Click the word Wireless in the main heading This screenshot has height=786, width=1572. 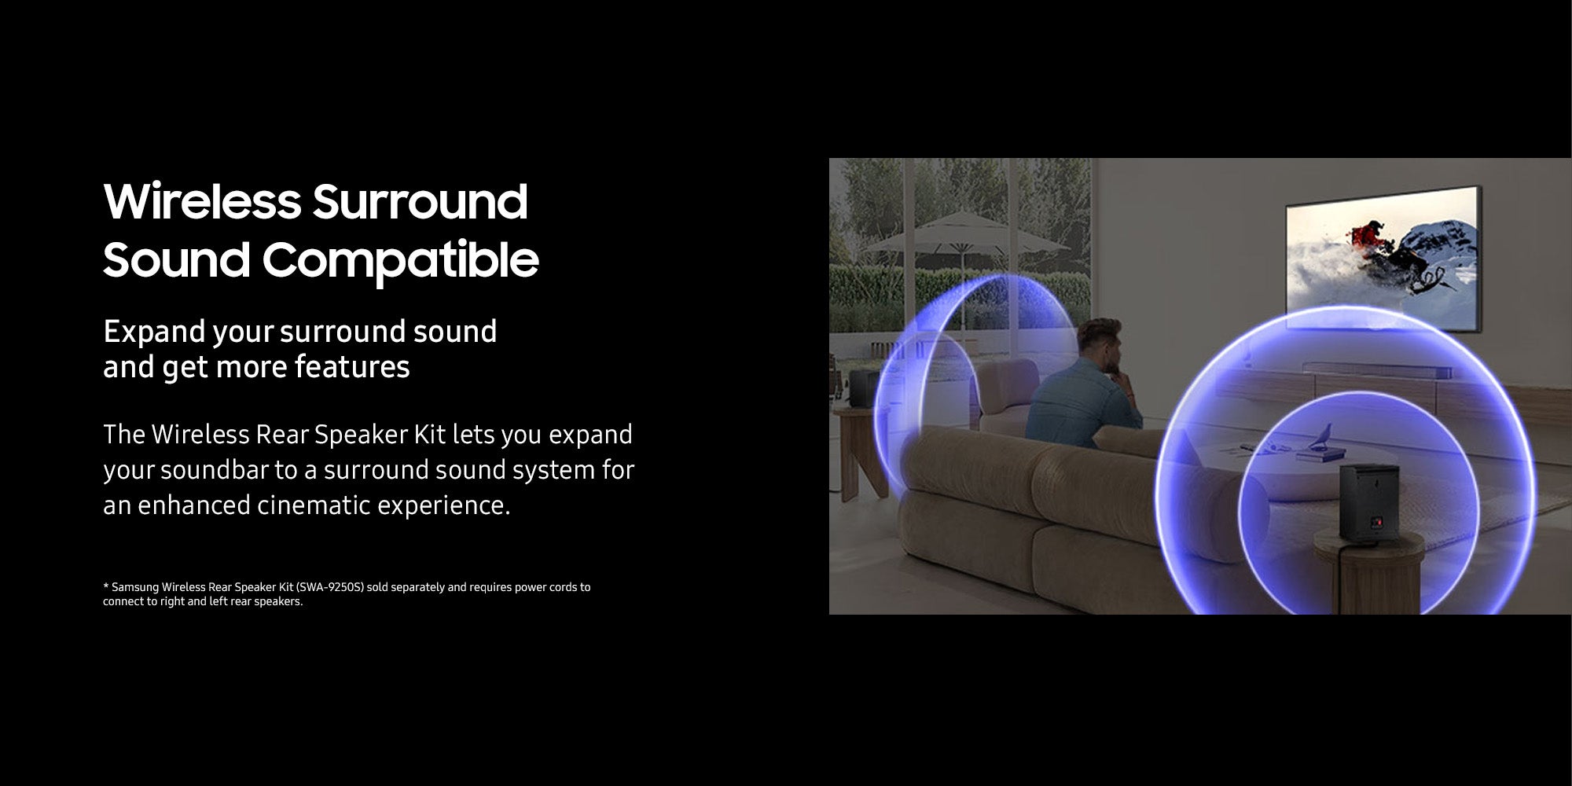pyautogui.click(x=202, y=201)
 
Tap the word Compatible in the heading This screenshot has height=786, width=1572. pyautogui.click(x=400, y=260)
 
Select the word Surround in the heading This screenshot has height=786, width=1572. pyautogui.click(x=421, y=201)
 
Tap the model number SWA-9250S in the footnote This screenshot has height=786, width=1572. pyautogui.click(x=330, y=587)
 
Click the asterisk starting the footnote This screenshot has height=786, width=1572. pyautogui.click(x=105, y=586)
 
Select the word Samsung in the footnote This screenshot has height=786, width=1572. pyautogui.click(x=135, y=587)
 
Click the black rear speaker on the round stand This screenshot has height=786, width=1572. pyautogui.click(x=1370, y=504)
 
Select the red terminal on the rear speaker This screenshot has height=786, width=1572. pyautogui.click(x=1373, y=522)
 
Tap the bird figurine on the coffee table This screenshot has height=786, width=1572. pyautogui.click(x=1324, y=435)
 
